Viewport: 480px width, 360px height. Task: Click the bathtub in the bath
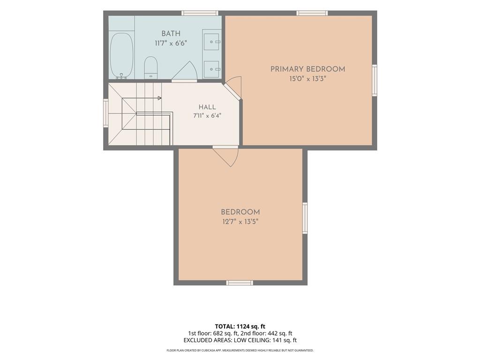121,55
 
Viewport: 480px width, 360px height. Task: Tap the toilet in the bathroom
150,67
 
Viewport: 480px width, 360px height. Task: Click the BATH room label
171,34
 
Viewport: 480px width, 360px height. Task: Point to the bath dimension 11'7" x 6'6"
171,43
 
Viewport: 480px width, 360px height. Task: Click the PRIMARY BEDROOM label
307,69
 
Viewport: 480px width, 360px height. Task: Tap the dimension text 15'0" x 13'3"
307,79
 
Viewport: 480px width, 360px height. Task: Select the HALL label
207,107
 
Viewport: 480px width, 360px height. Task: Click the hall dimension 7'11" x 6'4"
207,116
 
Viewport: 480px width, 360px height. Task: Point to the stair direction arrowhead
159,98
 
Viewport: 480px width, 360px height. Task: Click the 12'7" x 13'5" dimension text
240,222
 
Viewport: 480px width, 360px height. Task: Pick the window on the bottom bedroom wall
240,283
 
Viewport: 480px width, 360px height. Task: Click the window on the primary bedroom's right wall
375,80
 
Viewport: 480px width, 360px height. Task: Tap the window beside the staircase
106,113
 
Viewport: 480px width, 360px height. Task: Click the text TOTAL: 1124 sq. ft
238,326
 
